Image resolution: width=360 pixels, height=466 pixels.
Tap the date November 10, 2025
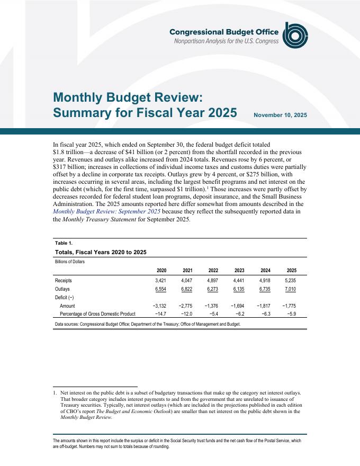[x=280, y=115]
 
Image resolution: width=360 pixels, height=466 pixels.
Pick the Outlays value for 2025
[x=291, y=290]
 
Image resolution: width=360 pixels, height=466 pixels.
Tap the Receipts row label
[x=64, y=281]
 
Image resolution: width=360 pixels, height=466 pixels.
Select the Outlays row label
[x=62, y=290]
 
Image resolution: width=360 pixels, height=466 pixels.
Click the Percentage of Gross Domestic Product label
[x=101, y=315]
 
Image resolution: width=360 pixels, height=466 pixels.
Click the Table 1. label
[x=64, y=243]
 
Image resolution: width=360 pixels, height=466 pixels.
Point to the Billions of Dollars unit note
[x=70, y=262]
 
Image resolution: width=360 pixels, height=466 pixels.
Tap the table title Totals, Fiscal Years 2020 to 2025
[x=101, y=252]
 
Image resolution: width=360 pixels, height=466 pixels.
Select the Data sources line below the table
[x=147, y=324]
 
